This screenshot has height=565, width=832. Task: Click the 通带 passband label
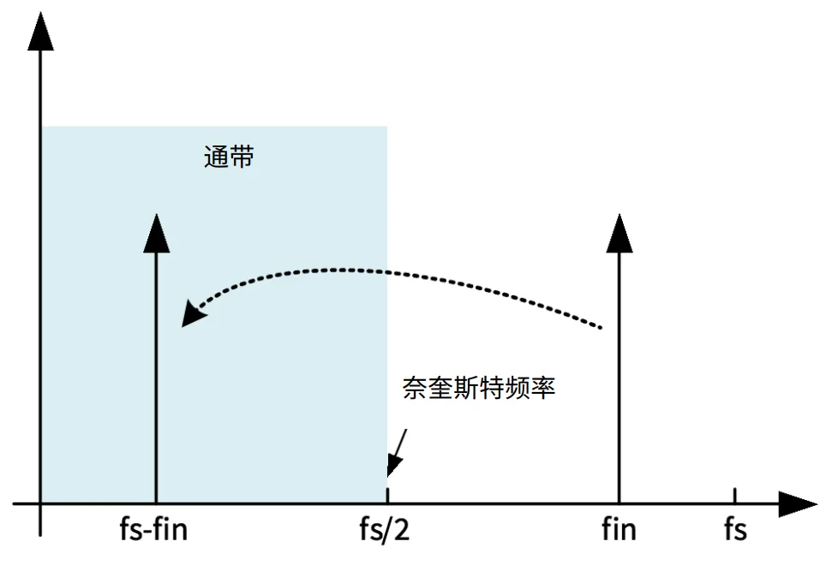pos(229,157)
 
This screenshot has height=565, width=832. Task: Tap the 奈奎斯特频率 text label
pos(479,388)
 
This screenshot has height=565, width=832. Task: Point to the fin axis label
pos(619,530)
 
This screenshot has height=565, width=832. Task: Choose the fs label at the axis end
pos(734,530)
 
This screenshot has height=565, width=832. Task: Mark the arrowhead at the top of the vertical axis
pos(40,33)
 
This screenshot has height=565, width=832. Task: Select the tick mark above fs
pos(734,496)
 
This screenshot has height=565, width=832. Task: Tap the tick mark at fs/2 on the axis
pos(387,496)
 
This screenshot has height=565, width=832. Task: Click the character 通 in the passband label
pos(216,157)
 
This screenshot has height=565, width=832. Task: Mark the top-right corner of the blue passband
pos(386,128)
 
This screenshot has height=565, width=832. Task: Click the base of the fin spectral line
pos(619,503)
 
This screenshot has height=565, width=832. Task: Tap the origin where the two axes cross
pos(40,503)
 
